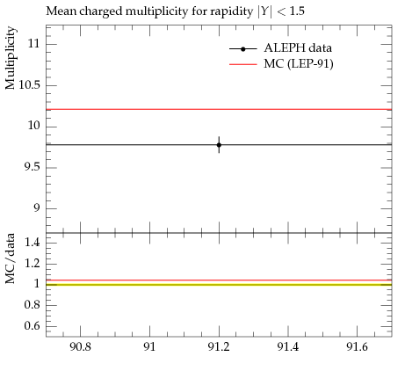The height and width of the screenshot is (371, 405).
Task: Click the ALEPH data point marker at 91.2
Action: (x=219, y=145)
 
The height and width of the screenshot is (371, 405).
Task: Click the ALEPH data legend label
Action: (x=298, y=48)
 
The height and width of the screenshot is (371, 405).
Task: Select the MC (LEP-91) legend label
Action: (x=299, y=64)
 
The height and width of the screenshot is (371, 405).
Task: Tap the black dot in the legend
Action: (x=242, y=49)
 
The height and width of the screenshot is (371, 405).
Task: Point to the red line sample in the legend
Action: (x=242, y=64)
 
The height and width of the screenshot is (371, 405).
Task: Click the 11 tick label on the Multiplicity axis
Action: (x=33, y=44)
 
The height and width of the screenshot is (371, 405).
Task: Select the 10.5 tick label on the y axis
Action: (x=29, y=85)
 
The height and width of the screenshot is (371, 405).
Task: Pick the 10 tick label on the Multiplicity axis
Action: (x=33, y=126)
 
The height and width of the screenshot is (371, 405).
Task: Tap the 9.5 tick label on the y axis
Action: (x=32, y=167)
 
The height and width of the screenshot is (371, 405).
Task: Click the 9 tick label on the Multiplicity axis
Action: (x=36, y=208)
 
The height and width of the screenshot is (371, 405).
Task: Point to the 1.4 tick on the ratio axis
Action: (x=32, y=243)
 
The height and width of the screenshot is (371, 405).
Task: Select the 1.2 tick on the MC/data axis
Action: (x=32, y=263)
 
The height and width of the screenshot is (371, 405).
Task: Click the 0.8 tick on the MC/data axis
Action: (x=32, y=305)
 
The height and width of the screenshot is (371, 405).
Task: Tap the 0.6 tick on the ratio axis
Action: (x=32, y=325)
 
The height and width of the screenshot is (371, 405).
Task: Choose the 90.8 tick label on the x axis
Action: (x=80, y=347)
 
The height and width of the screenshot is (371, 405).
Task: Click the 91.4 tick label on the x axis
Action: (x=288, y=347)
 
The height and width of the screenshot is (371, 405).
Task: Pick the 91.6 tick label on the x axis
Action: (x=357, y=347)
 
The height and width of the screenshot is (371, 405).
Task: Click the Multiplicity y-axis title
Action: (x=10, y=58)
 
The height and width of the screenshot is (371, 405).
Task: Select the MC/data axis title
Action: (x=10, y=258)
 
